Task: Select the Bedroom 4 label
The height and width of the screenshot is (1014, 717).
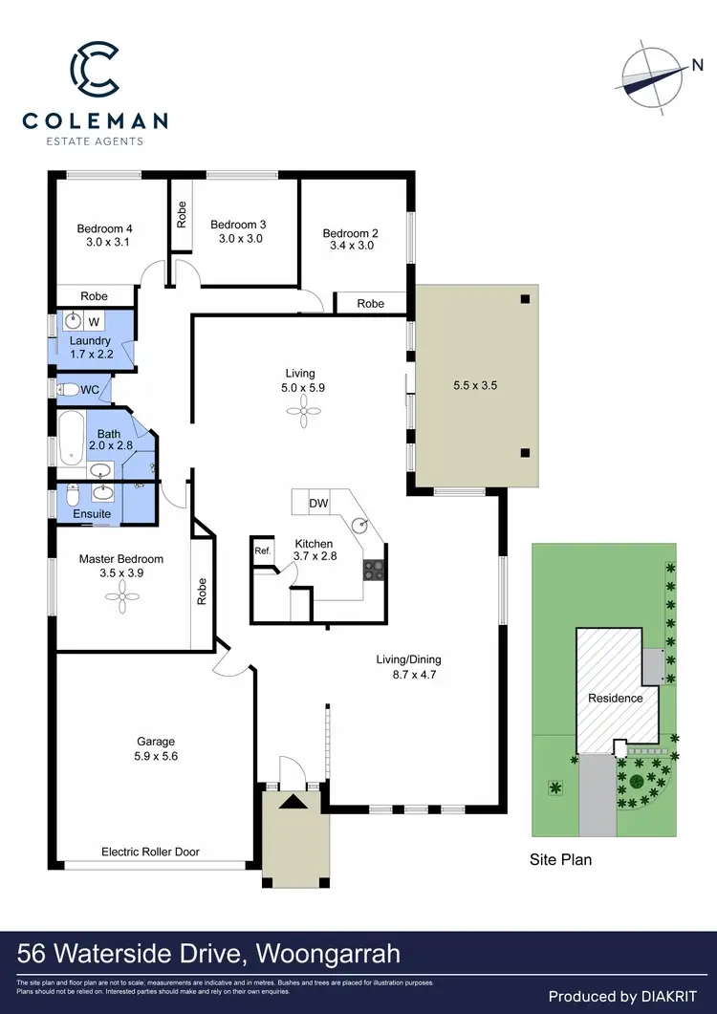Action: coord(104,228)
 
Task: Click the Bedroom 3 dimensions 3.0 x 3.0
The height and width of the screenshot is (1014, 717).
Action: coord(237,239)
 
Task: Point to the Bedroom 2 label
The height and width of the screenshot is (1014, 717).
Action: coord(350,233)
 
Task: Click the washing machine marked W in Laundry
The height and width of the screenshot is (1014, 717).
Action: coord(96,321)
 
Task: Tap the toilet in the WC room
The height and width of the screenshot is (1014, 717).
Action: coord(68,390)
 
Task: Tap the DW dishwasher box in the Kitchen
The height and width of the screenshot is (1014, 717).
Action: coord(318,504)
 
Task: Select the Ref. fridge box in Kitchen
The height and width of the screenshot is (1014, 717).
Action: coord(262,551)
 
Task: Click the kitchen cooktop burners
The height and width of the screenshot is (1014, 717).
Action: coord(373,570)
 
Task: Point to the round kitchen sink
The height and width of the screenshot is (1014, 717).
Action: coord(359,525)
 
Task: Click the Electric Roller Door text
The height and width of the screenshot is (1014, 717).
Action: coord(150,852)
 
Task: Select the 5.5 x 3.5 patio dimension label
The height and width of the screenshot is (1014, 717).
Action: coord(475,387)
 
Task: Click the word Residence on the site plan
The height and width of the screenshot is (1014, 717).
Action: coord(615,698)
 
